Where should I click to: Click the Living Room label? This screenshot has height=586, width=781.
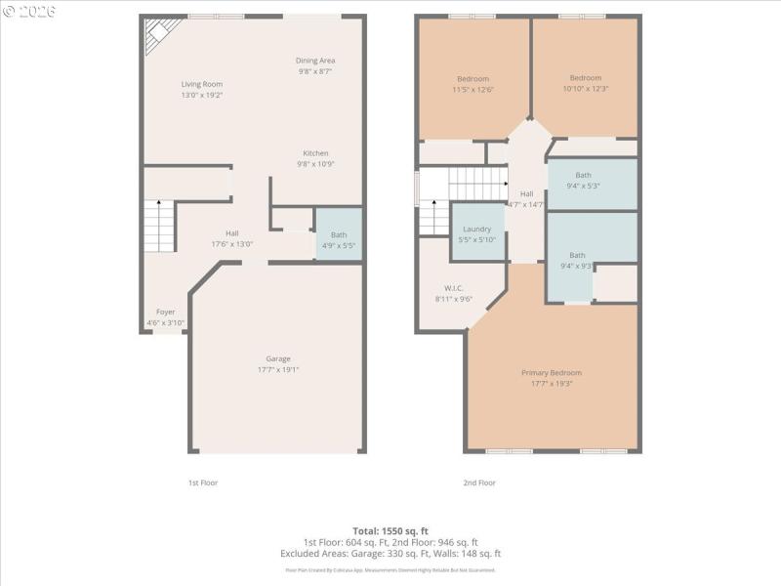click(202, 84)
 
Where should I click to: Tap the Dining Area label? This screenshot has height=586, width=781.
click(315, 61)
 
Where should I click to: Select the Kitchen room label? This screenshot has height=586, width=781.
click(315, 153)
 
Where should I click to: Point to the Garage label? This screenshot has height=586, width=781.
click(278, 358)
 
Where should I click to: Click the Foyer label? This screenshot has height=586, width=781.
click(165, 312)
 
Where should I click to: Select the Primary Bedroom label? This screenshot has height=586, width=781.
click(552, 373)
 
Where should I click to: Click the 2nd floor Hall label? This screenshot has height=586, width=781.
click(526, 193)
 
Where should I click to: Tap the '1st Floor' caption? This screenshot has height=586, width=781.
click(203, 482)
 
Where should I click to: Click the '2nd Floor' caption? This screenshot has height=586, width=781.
click(478, 482)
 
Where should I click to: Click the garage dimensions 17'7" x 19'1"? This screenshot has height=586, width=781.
click(278, 369)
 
